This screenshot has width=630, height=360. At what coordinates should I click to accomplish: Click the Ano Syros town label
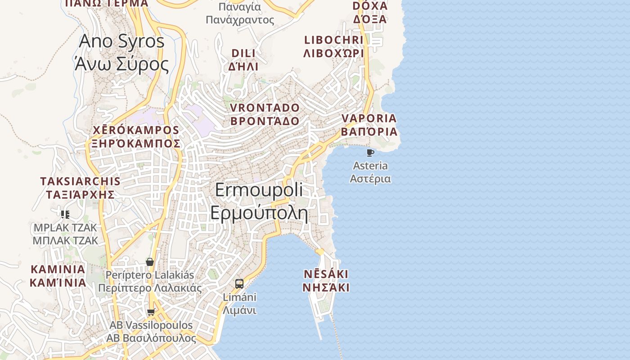tap(122, 53)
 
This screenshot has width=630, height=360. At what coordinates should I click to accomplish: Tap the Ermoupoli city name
tap(259, 202)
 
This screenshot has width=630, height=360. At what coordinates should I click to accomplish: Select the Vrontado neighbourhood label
tap(265, 114)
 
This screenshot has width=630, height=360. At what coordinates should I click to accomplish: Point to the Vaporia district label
tap(369, 125)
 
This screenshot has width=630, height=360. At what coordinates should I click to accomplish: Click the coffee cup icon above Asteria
tap(370, 153)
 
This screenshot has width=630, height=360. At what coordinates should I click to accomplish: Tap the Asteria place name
tap(370, 172)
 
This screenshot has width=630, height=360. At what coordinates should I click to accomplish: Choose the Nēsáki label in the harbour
tap(326, 281)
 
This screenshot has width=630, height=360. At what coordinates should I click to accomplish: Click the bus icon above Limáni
tap(239, 284)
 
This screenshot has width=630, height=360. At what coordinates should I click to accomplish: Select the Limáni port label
tap(240, 304)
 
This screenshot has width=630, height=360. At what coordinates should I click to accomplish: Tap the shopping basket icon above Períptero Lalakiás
tap(150, 262)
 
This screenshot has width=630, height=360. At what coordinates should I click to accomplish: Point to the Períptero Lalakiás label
tap(150, 281)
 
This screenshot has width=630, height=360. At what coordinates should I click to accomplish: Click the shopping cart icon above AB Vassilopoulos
tap(151, 312)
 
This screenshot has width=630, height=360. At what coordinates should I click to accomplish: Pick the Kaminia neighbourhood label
tap(58, 276)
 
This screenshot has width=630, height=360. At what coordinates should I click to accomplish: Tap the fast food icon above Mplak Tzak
tap(65, 214)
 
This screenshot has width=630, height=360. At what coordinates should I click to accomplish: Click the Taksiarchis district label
tap(80, 188)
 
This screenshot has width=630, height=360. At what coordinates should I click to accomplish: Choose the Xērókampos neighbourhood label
tap(136, 137)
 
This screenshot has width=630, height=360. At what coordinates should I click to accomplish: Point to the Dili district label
tap(243, 60)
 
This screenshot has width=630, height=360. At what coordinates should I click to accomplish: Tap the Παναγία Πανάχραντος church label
tap(240, 13)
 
